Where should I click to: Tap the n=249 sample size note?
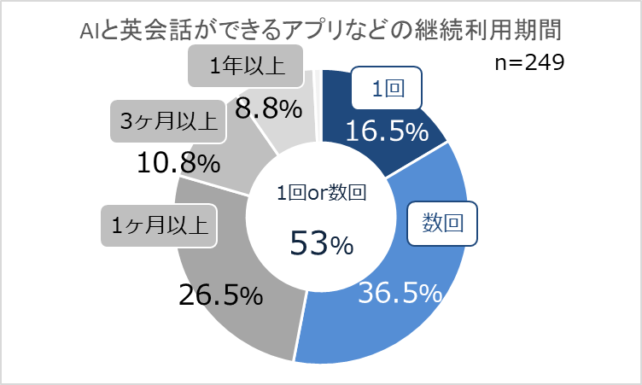(529, 65)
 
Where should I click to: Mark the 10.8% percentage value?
(179, 161)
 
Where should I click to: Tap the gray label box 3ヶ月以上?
(167, 122)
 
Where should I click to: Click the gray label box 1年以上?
(246, 66)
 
